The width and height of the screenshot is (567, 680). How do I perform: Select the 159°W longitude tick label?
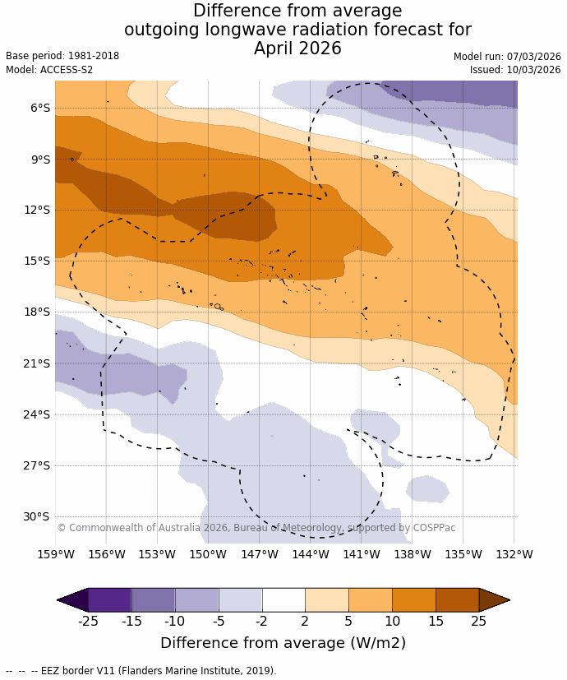click(x=56, y=554)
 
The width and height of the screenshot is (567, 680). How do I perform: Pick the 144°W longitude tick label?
click(x=311, y=554)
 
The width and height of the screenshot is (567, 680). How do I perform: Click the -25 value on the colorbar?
click(x=88, y=621)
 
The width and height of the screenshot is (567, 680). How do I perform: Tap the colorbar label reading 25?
click(x=479, y=621)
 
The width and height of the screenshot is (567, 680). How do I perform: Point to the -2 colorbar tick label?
click(x=261, y=621)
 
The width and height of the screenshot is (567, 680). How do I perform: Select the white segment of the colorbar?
click(x=283, y=600)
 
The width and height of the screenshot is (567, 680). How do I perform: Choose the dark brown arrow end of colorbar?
click(x=494, y=600)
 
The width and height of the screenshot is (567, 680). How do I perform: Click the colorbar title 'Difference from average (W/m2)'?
click(x=283, y=643)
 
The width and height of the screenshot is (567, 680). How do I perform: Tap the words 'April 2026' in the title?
click(x=297, y=49)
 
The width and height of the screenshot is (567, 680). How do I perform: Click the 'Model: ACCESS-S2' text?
click(x=49, y=70)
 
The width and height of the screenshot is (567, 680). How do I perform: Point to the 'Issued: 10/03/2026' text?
click(x=515, y=70)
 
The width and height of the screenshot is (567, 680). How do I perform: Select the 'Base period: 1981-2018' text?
click(x=62, y=56)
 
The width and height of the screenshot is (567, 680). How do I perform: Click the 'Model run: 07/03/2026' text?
click(x=507, y=57)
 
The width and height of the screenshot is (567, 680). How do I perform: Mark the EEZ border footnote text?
click(x=141, y=671)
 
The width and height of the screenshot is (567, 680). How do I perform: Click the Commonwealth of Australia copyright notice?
click(x=256, y=528)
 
